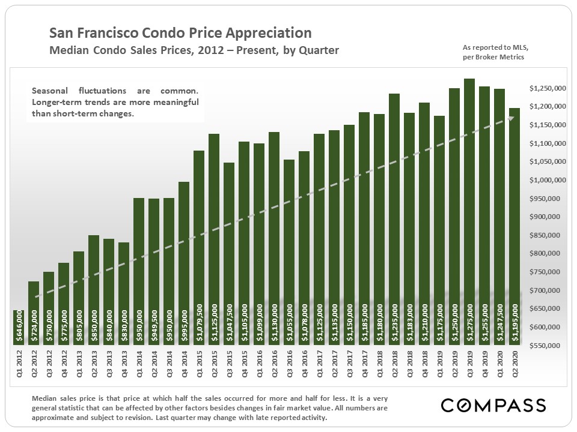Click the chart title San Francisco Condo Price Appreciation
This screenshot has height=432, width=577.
(x=180, y=32)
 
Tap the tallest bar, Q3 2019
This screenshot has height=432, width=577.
(x=469, y=210)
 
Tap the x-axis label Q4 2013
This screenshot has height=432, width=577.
(x=124, y=367)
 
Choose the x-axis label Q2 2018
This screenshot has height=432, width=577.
(x=394, y=367)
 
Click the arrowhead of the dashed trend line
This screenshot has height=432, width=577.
(x=511, y=119)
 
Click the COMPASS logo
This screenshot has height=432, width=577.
(x=493, y=405)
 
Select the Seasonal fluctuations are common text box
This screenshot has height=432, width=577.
(x=115, y=102)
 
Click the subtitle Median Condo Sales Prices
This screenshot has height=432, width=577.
(x=193, y=50)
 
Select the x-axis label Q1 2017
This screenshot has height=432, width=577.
(x=319, y=367)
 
